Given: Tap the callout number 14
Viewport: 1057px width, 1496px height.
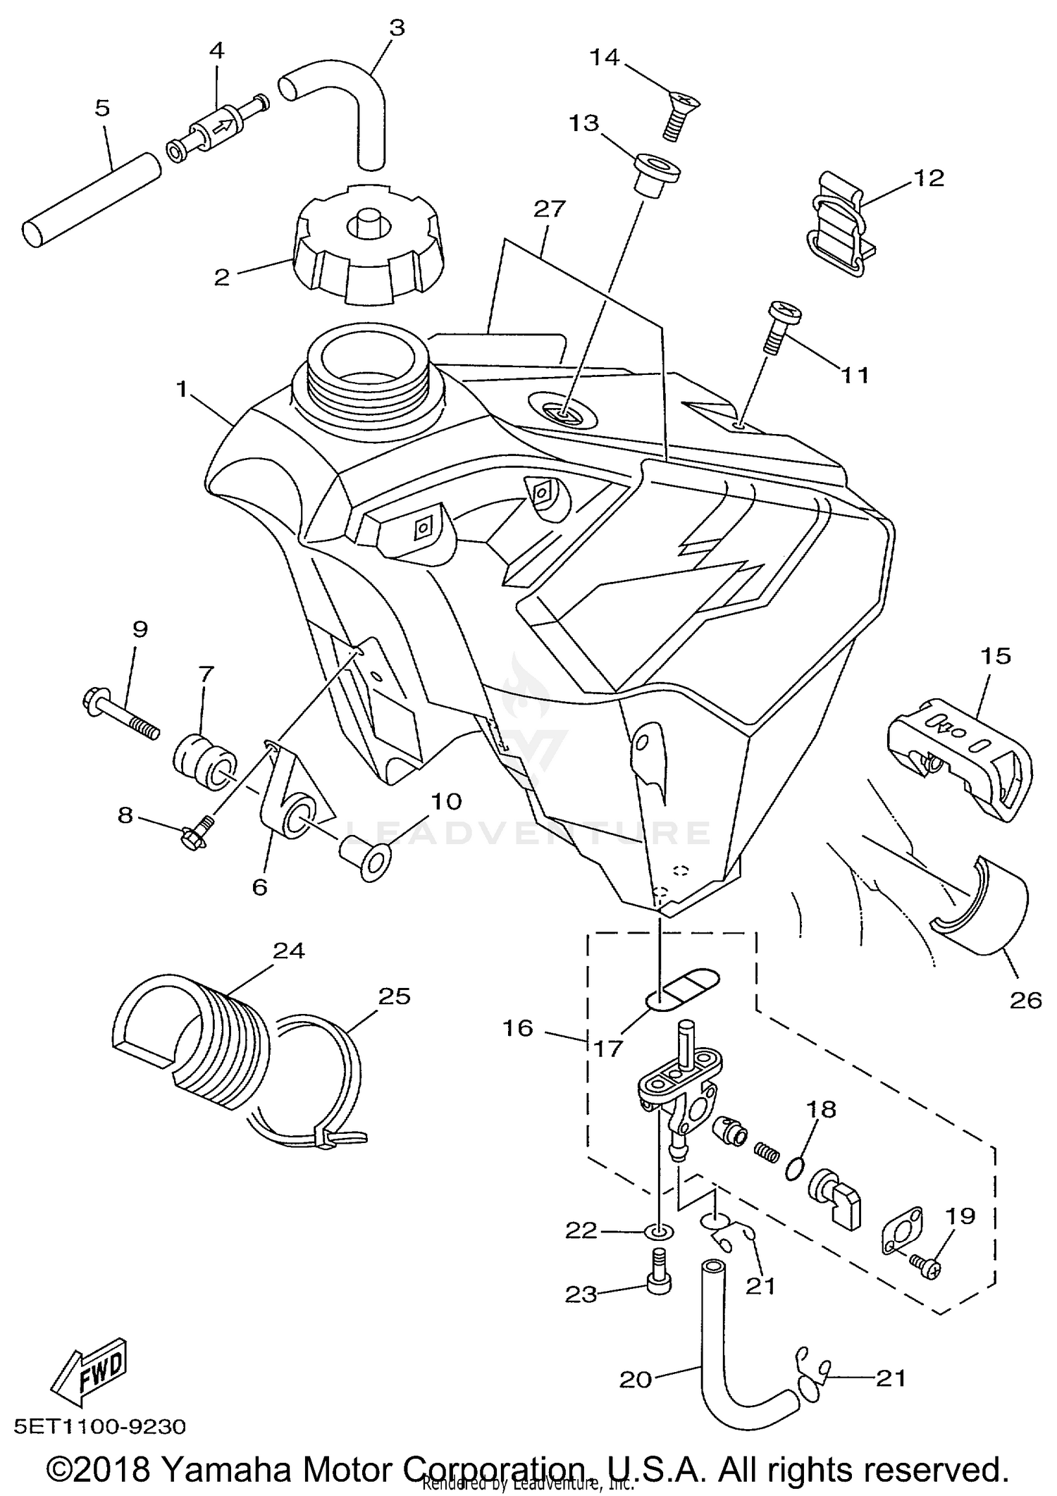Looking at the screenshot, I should click(604, 57).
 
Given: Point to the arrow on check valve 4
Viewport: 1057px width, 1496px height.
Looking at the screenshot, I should click(222, 128).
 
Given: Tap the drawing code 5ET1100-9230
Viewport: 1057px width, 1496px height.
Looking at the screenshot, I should click(100, 1427).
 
